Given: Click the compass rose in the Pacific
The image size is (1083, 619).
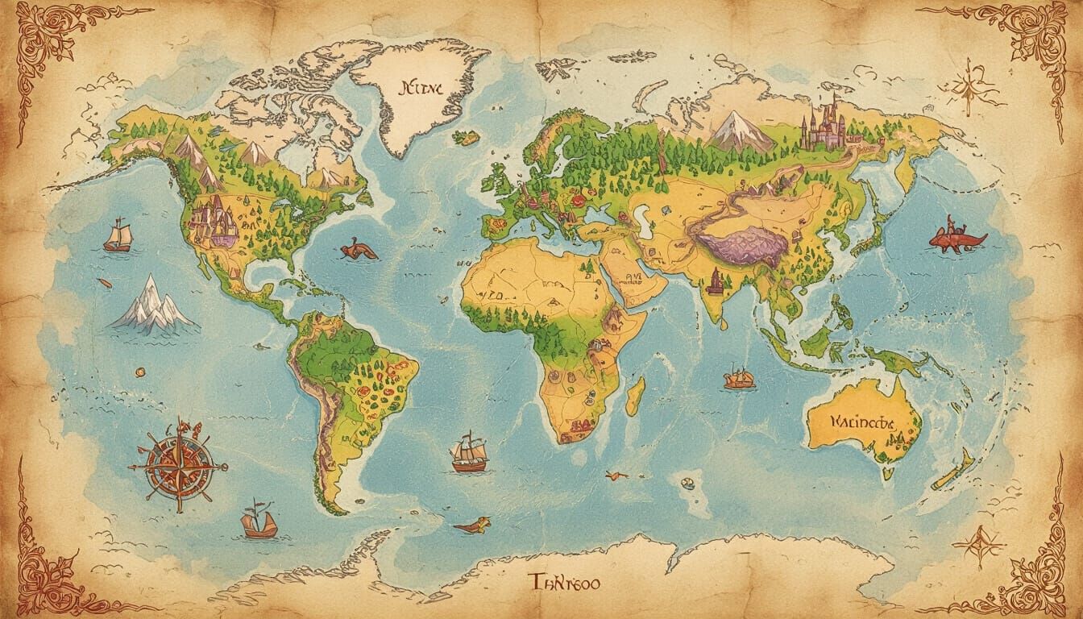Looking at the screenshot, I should tap(177, 464).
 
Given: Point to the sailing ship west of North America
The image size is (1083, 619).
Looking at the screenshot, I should tap(118, 235).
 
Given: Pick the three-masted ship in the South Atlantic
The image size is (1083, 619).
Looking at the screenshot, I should tap(469, 453).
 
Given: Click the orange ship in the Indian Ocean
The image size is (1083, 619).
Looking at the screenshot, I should tap(738, 378).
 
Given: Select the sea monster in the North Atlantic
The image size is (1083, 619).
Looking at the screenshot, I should tap(358, 251).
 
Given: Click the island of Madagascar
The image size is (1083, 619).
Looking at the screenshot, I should tap(635, 396).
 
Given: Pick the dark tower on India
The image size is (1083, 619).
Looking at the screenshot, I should tap(714, 281).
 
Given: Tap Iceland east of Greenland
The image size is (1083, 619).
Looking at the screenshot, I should tap(467, 138).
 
